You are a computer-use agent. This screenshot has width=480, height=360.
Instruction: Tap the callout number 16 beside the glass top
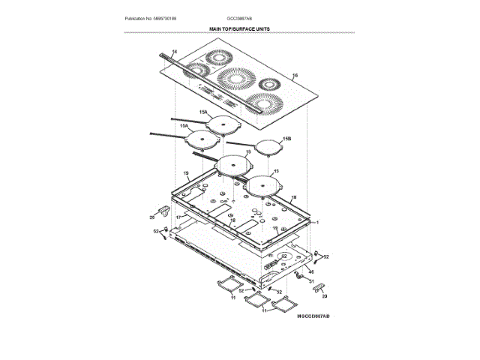pyautogui.click(x=295, y=76)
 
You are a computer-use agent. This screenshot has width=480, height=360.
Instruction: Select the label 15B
pyautogui.click(x=286, y=139)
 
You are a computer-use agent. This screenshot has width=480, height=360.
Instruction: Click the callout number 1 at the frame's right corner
pyautogui.click(x=318, y=223)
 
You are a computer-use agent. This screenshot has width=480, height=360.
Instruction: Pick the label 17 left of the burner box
pyautogui.click(x=178, y=217)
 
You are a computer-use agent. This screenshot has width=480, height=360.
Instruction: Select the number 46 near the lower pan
pyautogui.click(x=310, y=271)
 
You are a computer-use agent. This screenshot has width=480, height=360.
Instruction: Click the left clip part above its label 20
pyautogui.click(x=162, y=208)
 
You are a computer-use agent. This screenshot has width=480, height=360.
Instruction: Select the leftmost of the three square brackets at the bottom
pyautogui.click(x=226, y=285)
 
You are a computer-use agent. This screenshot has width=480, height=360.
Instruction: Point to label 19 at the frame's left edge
pyautogui.click(x=185, y=173)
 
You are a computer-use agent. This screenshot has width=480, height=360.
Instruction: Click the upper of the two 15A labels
pyautogui.click(x=203, y=112)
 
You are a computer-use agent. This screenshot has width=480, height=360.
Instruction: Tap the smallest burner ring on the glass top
pyautogui.click(x=196, y=70)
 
